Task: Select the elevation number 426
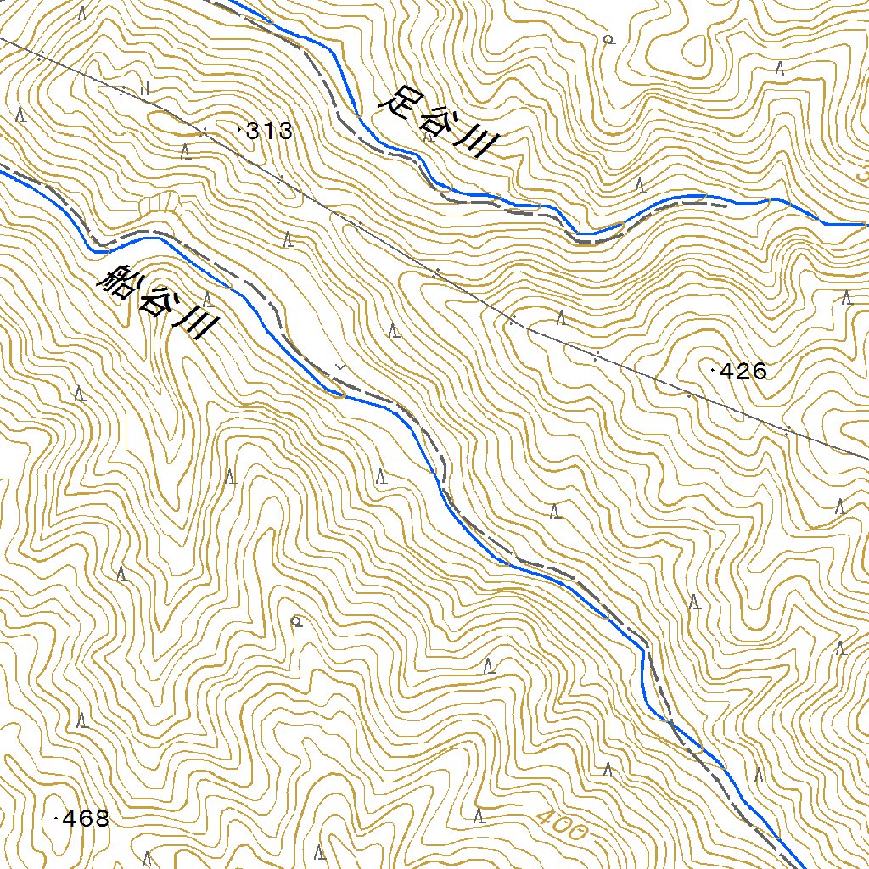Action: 743,371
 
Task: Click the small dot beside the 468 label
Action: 56,819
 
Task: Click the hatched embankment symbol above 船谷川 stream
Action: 162,203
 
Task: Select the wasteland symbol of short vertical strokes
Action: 145,87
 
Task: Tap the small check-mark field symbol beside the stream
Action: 341,365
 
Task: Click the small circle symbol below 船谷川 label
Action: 296,621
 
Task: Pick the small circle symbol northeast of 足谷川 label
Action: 607,39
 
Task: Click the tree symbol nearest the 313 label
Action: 186,152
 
